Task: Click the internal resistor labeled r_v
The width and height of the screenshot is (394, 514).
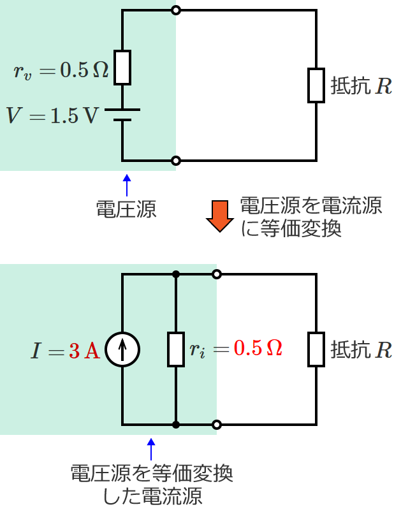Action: pos(122,68)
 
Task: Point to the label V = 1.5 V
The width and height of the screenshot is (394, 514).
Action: pos(53,115)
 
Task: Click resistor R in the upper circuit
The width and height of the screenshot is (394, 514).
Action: pos(317,85)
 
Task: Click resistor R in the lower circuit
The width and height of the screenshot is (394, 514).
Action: pos(317,349)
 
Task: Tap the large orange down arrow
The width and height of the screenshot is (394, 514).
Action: pos(220,216)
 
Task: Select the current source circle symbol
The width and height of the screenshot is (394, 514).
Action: pos(122,349)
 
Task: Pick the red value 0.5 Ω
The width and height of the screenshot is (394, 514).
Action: pos(258,348)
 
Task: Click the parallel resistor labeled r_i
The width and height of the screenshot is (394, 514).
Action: pos(176,349)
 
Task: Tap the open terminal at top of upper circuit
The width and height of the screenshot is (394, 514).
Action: pos(176,10)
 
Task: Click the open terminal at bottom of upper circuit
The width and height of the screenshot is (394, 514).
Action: pos(176,161)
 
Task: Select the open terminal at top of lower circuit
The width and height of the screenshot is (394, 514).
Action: pos(217,274)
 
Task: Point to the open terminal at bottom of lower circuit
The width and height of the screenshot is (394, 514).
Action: pos(217,425)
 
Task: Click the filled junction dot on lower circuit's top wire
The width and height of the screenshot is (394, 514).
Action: pos(176,274)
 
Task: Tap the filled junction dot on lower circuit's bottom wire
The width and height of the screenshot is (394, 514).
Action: pos(176,425)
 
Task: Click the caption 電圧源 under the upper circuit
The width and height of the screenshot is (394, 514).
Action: pos(126,209)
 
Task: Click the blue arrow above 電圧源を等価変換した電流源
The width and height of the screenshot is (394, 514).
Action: pos(151,449)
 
